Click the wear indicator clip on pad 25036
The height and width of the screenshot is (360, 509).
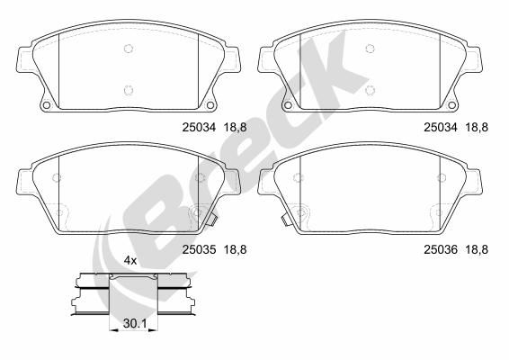click(284, 217)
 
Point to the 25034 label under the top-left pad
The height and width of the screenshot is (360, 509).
click(198, 128)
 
